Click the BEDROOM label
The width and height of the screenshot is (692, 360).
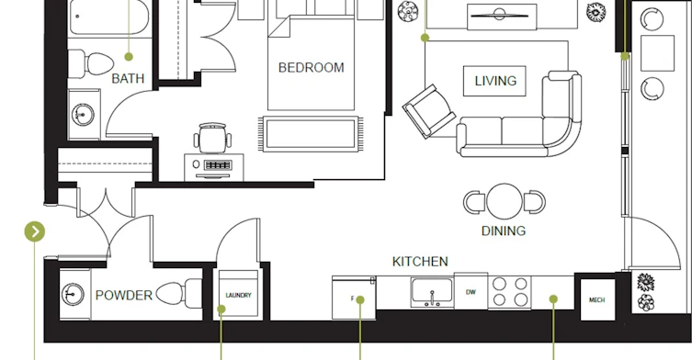coord(312,68)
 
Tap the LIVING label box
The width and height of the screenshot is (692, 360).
coord(494,81)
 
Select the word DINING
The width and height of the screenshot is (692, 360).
coord(504,231)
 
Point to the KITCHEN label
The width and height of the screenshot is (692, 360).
coord(420,262)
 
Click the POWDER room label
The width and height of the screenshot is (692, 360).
coord(124,295)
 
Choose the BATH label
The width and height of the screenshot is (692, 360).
coord(128,79)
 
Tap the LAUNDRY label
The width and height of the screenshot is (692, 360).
coord(238,295)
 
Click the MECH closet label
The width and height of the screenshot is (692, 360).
coord(597,300)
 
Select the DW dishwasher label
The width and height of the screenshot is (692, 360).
coord(471,292)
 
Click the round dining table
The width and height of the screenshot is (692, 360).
coord(505,201)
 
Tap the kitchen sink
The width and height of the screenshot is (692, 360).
coord(432,292)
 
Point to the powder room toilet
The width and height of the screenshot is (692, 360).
coord(179,293)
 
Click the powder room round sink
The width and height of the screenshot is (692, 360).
coord(73,294)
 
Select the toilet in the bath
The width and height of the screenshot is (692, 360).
coord(91,63)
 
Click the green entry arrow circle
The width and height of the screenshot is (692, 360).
coord(34,231)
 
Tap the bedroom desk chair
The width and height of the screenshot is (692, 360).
coord(212,138)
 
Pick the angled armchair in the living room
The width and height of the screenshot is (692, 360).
coord(428,111)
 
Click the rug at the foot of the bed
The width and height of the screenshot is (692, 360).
coord(312,134)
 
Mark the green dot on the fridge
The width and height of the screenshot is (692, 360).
coord(360,300)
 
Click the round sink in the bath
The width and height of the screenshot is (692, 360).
coord(83,115)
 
